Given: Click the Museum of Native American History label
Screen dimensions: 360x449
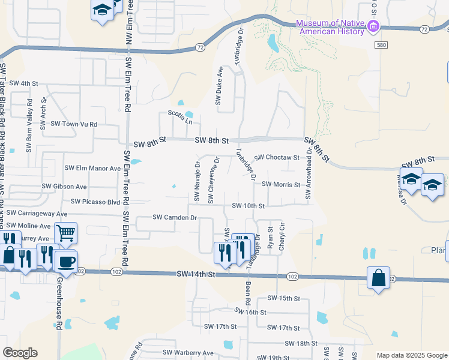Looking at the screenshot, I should (x=330, y=27).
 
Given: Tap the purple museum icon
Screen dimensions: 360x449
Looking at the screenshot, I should (x=373, y=26).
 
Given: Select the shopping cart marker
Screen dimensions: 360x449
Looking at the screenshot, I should (x=65, y=232).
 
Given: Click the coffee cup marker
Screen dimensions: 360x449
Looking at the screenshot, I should (x=66, y=261).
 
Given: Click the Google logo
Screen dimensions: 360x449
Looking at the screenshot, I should (x=20, y=353).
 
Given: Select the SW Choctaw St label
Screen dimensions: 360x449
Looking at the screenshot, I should (x=277, y=157).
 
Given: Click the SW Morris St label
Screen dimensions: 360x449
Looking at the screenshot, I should (x=280, y=185).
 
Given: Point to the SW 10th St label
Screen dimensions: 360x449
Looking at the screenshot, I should (x=249, y=206).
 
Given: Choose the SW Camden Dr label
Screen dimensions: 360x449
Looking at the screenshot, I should (x=175, y=217).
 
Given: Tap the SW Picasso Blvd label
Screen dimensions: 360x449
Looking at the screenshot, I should (x=96, y=202).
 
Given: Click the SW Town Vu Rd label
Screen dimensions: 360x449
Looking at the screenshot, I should (x=74, y=124).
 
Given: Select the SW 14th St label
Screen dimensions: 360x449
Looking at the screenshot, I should (x=196, y=274).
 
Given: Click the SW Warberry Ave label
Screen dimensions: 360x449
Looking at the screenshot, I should (x=188, y=353).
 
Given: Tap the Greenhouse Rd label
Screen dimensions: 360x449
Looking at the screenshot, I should (x=60, y=303).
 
